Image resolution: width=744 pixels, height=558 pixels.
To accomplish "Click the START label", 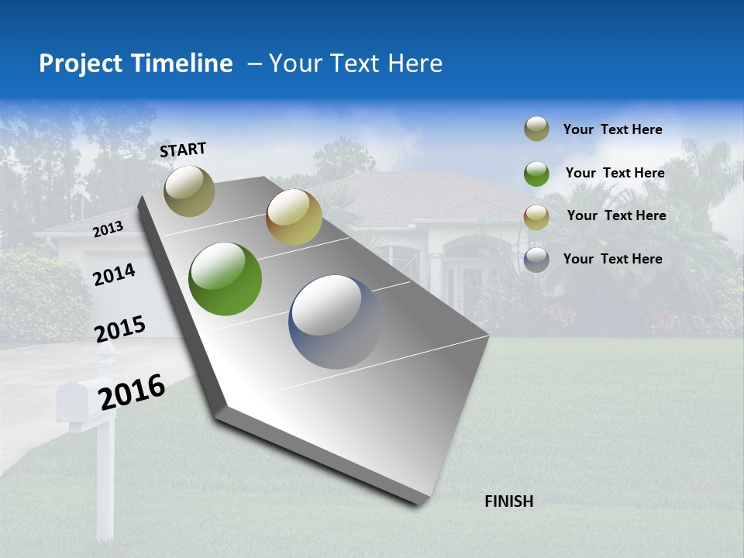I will click(x=183, y=150).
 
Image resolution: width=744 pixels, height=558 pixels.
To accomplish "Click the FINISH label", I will click(x=508, y=501).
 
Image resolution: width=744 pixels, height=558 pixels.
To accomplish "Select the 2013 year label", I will click(x=108, y=229).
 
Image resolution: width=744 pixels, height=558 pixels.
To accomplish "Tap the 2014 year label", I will click(x=114, y=274).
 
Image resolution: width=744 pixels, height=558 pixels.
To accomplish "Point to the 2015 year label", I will click(x=120, y=329).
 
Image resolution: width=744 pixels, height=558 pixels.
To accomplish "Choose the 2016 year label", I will click(x=132, y=391).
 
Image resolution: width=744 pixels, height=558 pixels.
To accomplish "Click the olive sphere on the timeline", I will click(x=189, y=191).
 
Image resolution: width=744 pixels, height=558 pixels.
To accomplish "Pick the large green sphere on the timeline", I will click(x=225, y=279).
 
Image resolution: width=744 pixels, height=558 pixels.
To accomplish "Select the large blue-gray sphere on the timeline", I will click(x=335, y=322).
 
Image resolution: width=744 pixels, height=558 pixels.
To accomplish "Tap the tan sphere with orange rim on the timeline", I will click(x=294, y=218).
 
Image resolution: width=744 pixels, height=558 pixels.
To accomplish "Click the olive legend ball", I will click(x=536, y=129).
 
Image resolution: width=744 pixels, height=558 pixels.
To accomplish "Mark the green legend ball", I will click(x=536, y=174).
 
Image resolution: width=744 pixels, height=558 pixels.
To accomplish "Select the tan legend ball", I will click(x=536, y=216).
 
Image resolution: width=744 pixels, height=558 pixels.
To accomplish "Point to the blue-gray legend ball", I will click(x=536, y=260).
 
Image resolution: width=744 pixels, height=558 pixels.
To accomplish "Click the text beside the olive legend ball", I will click(x=612, y=129).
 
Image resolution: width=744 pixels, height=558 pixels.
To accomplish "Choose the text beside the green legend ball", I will click(x=615, y=173).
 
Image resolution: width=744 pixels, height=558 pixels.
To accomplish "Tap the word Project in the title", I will click(x=81, y=64).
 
